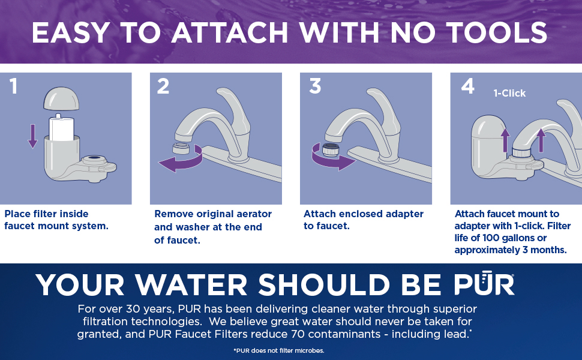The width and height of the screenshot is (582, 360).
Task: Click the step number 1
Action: (x=13, y=86)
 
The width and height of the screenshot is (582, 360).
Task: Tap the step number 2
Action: (x=163, y=86)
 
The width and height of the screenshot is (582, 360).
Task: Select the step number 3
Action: (x=315, y=86)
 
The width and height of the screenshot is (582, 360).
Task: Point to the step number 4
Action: (x=467, y=86)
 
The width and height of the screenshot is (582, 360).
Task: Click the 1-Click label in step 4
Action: (x=509, y=93)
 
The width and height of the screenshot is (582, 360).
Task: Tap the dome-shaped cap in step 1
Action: (x=61, y=98)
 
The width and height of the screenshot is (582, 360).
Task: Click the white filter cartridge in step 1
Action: (x=61, y=127)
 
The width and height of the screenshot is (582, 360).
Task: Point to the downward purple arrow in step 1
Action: (x=32, y=136)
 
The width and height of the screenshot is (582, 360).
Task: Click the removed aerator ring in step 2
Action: (x=181, y=149)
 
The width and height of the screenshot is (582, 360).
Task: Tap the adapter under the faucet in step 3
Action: (x=331, y=149)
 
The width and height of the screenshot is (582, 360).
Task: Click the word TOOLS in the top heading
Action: (x=497, y=32)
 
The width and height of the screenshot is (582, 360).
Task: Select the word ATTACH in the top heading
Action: (x=230, y=32)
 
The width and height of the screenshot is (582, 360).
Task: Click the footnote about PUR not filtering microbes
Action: (x=279, y=350)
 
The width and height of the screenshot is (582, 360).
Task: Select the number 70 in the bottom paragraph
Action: (x=298, y=334)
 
